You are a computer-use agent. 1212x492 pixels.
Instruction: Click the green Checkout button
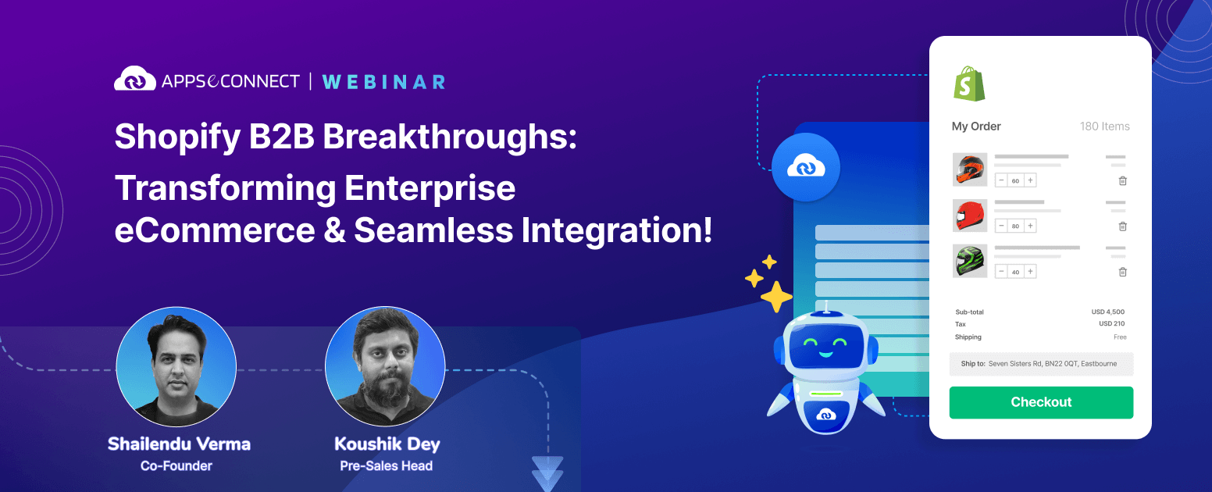coord(1041,402)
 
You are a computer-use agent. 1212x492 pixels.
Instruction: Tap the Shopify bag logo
coord(969,84)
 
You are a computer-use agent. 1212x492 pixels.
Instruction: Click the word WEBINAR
coord(383,82)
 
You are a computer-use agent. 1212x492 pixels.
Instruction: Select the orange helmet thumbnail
coord(970,169)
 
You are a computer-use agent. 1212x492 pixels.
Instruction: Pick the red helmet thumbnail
coord(970,216)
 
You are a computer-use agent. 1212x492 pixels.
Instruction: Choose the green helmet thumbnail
coord(970,261)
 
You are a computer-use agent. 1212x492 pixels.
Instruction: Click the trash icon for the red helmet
coord(1123,226)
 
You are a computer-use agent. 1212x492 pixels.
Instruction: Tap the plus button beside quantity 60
coord(1030,180)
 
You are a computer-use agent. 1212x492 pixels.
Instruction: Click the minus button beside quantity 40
coord(1001,271)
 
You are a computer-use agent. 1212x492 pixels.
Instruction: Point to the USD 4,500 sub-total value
coord(1107,312)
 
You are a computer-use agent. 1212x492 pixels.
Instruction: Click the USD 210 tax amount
coord(1111,323)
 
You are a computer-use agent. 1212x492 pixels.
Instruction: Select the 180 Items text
coord(1104,126)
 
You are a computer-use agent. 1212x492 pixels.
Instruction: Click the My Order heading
coord(976,126)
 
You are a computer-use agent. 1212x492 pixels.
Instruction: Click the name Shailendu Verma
coord(179,444)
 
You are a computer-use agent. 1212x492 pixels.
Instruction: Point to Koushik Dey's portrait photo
coord(385,366)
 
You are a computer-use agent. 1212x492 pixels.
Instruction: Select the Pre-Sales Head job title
coord(387,465)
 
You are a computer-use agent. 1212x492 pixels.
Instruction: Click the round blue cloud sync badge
coord(806,167)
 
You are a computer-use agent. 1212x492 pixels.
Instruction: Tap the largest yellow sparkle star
coord(777,297)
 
